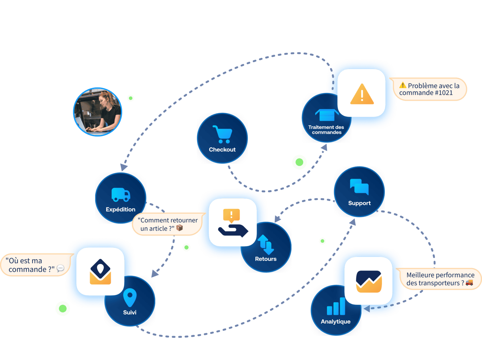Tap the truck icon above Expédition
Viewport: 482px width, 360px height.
click(x=121, y=194)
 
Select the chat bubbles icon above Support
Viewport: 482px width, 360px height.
click(x=359, y=187)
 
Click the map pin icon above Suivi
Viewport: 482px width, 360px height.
click(x=130, y=297)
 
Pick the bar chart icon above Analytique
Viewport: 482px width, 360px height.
click(x=336, y=306)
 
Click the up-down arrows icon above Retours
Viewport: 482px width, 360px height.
click(x=266, y=245)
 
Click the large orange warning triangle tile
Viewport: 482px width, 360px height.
click(x=361, y=93)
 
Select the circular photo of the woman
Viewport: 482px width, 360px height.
click(x=98, y=112)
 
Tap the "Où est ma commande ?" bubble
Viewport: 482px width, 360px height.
click(x=35, y=265)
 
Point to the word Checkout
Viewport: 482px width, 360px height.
click(x=222, y=150)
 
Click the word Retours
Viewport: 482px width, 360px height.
click(x=266, y=259)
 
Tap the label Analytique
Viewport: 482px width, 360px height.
click(x=335, y=321)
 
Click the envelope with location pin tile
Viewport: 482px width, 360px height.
click(x=100, y=271)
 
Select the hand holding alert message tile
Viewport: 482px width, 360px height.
click(x=233, y=222)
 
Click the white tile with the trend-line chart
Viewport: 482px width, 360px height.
click(x=369, y=281)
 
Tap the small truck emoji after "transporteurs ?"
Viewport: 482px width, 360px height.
click(x=469, y=282)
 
